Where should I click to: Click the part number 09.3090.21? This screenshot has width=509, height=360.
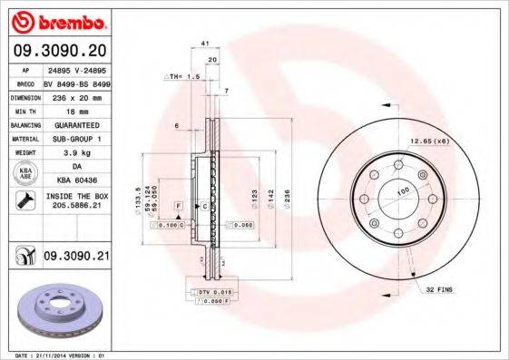click(76, 258)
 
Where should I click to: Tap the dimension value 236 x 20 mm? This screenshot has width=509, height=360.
click(76, 95)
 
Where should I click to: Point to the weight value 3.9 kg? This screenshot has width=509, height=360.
click(76, 153)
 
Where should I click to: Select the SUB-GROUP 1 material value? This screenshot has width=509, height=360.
click(76, 139)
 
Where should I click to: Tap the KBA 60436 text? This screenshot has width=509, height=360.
click(76, 181)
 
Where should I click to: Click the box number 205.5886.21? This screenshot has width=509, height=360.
click(76, 208)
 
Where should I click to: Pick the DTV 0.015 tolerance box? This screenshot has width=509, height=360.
click(210, 292)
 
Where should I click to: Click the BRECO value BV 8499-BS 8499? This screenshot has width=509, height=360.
click(76, 81)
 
